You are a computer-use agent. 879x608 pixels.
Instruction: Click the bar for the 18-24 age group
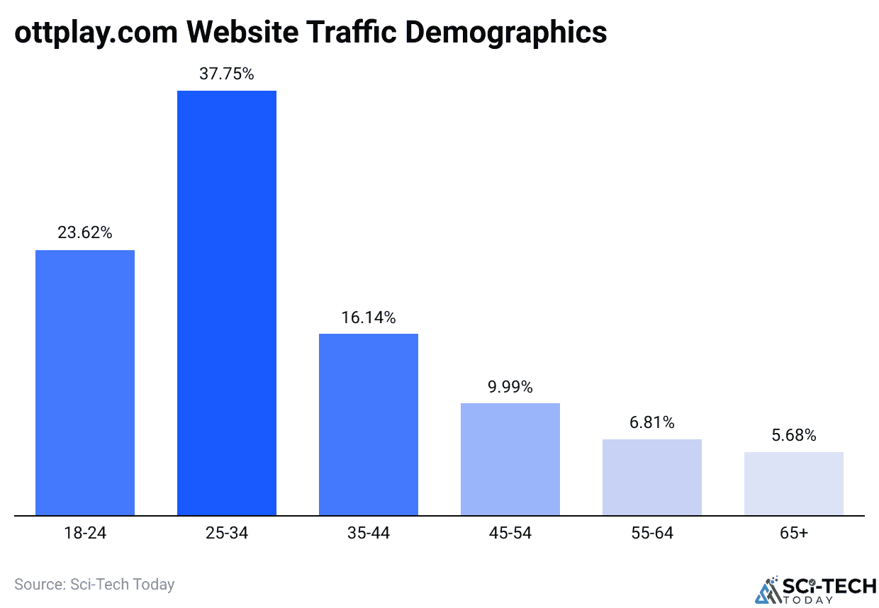[85, 383]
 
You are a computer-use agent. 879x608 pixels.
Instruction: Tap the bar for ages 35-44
[369, 424]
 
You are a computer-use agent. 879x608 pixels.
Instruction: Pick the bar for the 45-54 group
[510, 459]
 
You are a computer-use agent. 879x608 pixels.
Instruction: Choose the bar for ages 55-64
[652, 477]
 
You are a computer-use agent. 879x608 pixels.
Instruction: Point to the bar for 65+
[794, 483]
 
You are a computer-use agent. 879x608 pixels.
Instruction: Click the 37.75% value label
[227, 73]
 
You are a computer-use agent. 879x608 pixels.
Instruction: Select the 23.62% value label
[85, 232]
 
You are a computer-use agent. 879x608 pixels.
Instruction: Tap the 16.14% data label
[369, 317]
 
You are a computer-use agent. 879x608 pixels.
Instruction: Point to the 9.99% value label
[510, 387]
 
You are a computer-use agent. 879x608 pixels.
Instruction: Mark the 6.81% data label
[652, 423]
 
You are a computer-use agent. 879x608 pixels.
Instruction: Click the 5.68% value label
[794, 435]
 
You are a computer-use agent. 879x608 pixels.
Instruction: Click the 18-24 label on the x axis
[85, 533]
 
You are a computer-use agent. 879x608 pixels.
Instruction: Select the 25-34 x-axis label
[227, 533]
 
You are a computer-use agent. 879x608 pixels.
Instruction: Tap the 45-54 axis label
[510, 533]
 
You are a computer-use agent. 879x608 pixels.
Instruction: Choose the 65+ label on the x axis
[794, 533]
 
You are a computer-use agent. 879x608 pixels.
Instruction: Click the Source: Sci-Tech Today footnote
[94, 585]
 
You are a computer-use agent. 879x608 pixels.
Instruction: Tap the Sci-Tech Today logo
[815, 589]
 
